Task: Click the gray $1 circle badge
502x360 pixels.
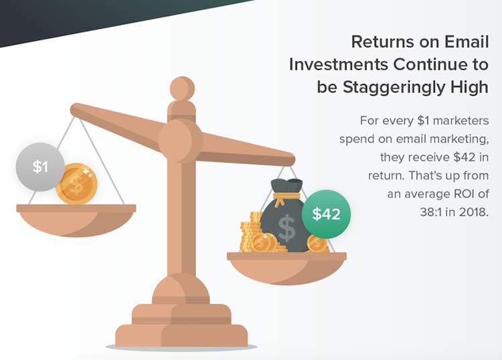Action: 40,167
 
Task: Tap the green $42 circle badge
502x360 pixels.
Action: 326,214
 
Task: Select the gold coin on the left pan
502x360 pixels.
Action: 76,183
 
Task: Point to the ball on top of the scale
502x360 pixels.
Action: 182,88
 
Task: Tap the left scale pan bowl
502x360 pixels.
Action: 76,220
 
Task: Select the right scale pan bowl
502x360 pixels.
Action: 287,268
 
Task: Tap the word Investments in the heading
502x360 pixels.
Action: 339,64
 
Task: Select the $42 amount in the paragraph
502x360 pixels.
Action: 465,157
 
